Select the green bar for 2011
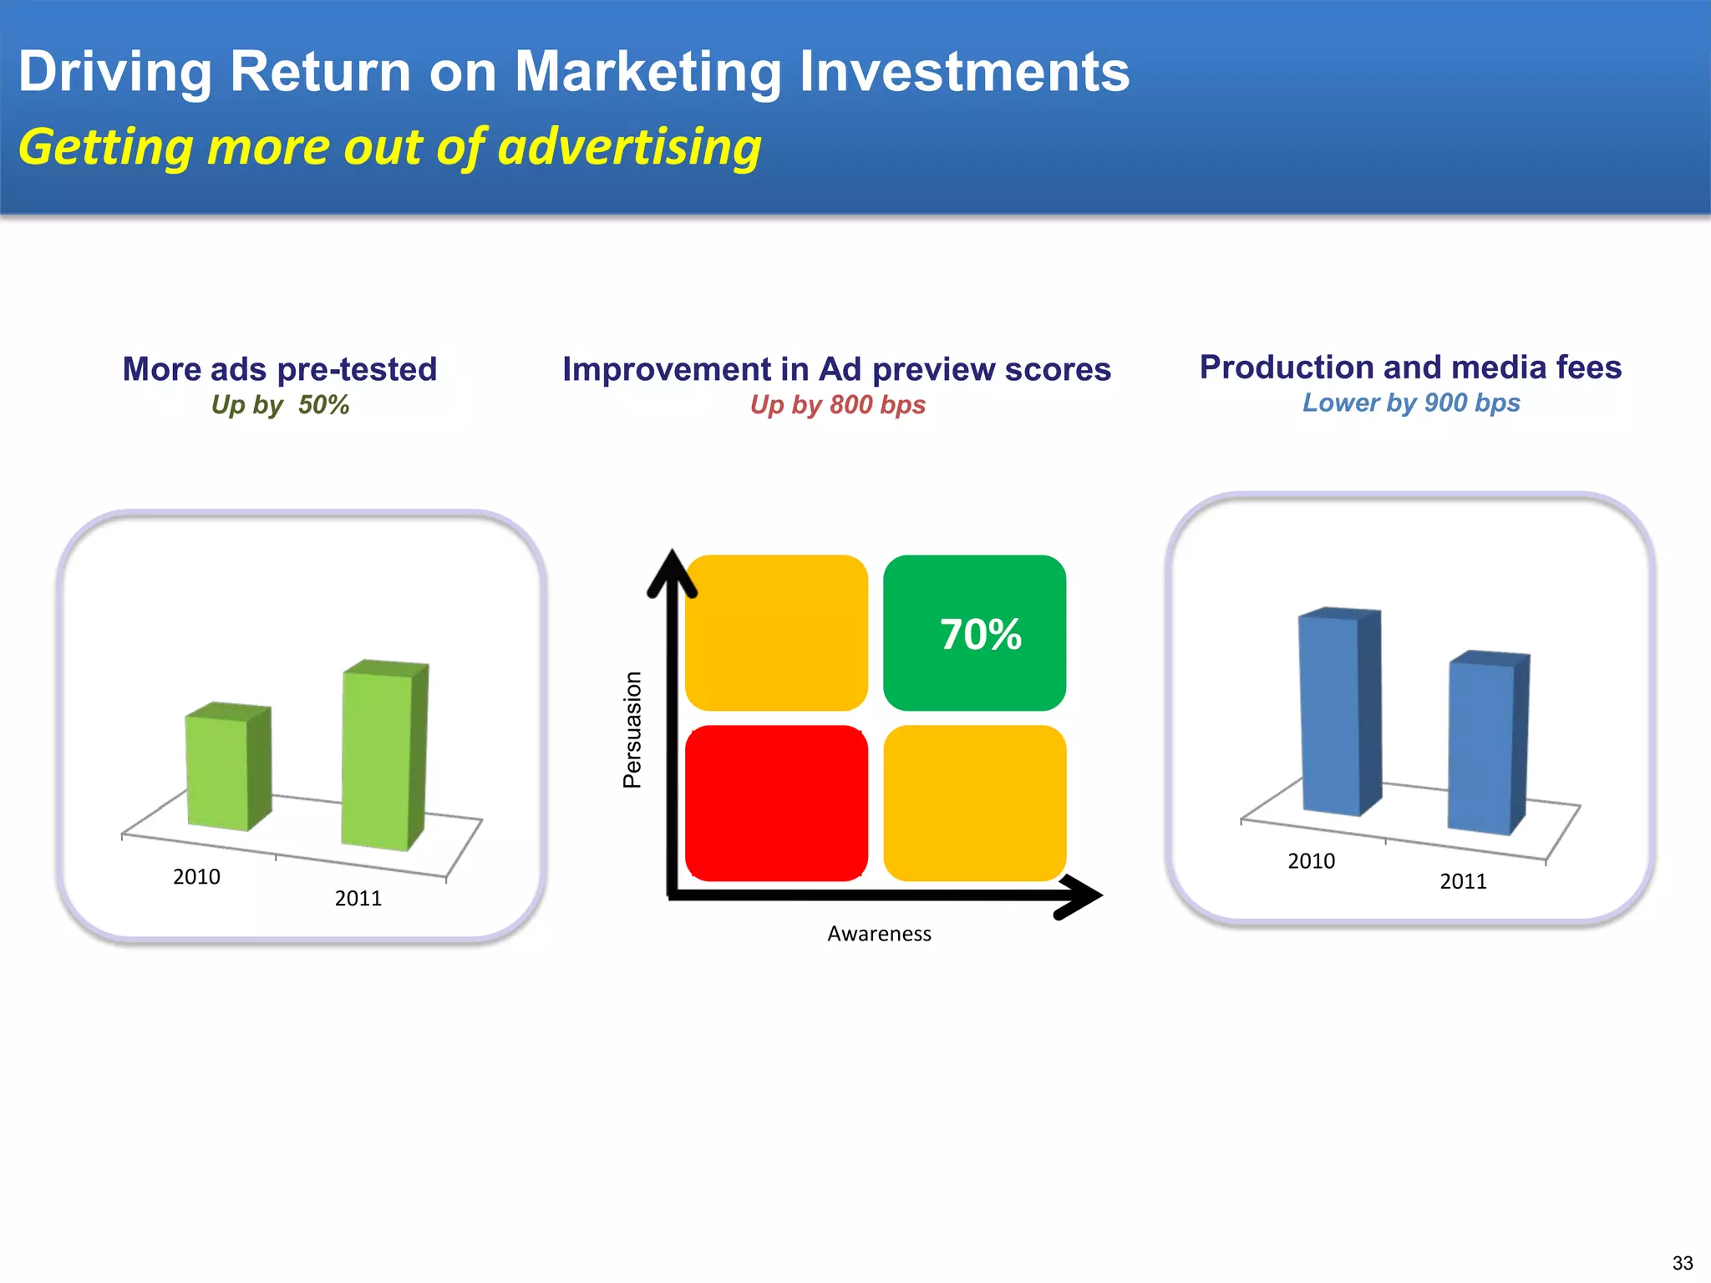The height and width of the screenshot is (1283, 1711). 378,760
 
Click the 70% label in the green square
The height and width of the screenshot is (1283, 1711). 980,635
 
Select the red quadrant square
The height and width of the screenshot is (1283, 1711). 776,803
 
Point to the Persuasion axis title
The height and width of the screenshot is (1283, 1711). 632,730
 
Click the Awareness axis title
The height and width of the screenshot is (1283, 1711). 879,934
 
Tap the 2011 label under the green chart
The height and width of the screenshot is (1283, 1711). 358,899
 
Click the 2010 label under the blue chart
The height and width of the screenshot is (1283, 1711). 1311,861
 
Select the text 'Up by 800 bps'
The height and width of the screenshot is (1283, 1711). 837,405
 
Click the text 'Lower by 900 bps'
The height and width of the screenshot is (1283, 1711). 1411,403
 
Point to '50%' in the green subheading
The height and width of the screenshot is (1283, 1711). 323,405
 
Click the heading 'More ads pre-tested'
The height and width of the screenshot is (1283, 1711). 280,369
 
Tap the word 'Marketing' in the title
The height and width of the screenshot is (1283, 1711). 647,72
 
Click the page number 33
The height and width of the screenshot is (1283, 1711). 1683,1263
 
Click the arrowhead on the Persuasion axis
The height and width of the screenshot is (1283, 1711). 672,573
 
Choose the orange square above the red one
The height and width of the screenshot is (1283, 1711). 776,632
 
